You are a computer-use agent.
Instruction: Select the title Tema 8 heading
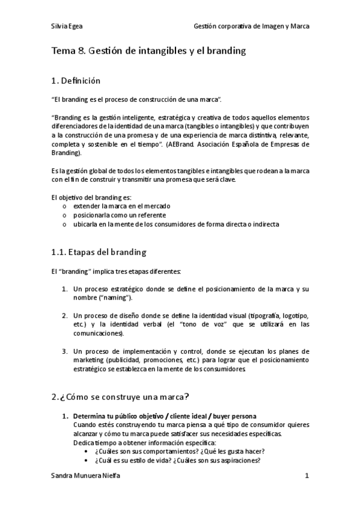point(149,51)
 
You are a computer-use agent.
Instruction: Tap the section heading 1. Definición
point(76,81)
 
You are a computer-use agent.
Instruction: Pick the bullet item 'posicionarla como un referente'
point(119,215)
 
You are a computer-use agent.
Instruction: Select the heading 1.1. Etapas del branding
point(99,252)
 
